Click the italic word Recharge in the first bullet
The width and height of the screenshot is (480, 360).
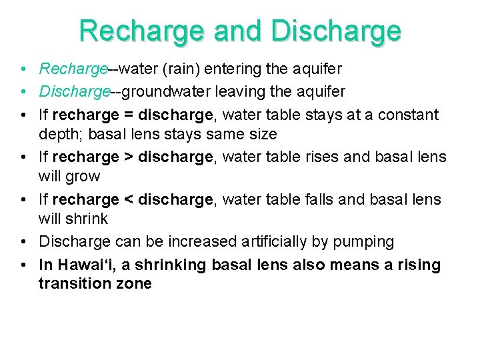point(73,69)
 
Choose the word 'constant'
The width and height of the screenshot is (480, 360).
point(409,115)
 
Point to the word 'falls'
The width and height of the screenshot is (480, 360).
point(323,199)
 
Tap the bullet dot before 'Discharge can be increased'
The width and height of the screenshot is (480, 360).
point(23,241)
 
